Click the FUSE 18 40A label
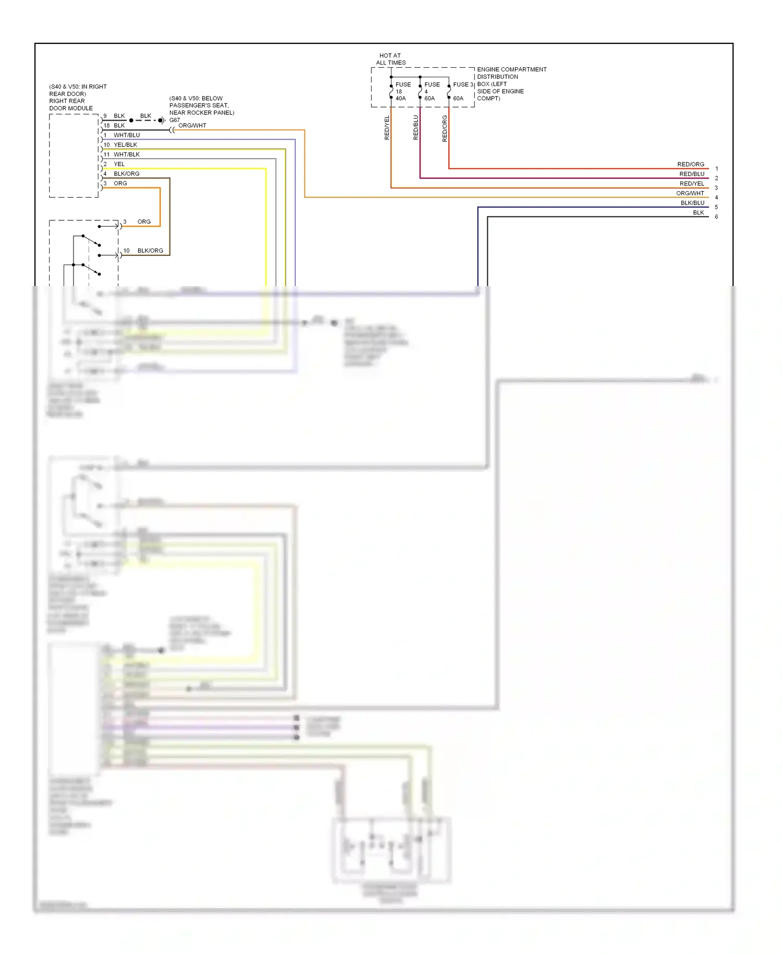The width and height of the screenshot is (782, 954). point(402,91)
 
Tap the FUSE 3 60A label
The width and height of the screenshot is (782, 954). point(461,91)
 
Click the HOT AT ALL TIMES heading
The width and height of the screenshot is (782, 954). point(390,59)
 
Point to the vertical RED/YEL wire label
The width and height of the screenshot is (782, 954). point(387,127)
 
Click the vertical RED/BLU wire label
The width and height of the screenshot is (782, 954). point(416,127)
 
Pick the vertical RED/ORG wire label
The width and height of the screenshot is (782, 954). point(445,128)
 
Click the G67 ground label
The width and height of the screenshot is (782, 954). point(175,120)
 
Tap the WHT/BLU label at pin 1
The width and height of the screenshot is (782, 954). point(127,135)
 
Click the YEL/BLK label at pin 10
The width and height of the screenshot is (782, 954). point(125,145)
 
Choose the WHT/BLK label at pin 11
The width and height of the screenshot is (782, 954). point(127,154)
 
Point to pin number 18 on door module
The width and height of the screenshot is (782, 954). point(106,125)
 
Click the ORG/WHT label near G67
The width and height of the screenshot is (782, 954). point(192,125)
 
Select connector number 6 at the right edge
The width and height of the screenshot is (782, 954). point(716,217)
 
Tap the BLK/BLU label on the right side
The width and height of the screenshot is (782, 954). point(692,203)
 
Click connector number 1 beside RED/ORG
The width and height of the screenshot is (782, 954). point(716,169)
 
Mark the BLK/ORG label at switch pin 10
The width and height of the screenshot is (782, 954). point(150,251)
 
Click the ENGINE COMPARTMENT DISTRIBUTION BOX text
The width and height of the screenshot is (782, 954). point(511,84)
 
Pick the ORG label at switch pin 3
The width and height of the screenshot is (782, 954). point(144,222)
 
